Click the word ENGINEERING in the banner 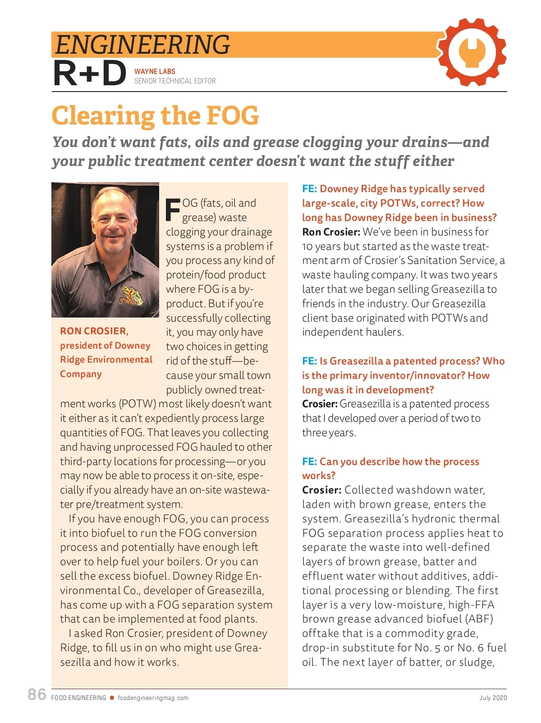142,44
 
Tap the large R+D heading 90,74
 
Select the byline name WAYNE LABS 155,71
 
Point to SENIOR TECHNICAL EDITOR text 175,81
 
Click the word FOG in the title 233,115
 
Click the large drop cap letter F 173,210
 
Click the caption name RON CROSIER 94,331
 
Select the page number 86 37,695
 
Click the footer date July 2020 493,698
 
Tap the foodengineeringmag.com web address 153,698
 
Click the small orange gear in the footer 112,698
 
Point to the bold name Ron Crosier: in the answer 331,232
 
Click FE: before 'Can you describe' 309,461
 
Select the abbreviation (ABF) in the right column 479,619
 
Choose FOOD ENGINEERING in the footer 79,698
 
